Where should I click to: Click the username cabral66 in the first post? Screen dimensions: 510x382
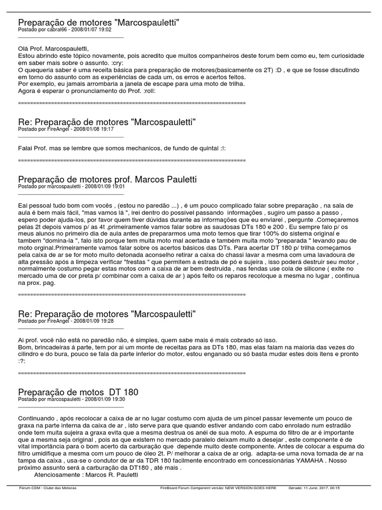56,30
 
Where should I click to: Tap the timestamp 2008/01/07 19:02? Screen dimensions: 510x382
91,30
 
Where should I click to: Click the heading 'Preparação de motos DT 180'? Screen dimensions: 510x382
78,392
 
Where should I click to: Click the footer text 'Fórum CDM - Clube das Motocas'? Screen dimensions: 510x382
48,488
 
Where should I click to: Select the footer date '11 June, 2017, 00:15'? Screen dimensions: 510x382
323,488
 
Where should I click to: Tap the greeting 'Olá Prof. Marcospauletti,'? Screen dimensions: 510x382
53,49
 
